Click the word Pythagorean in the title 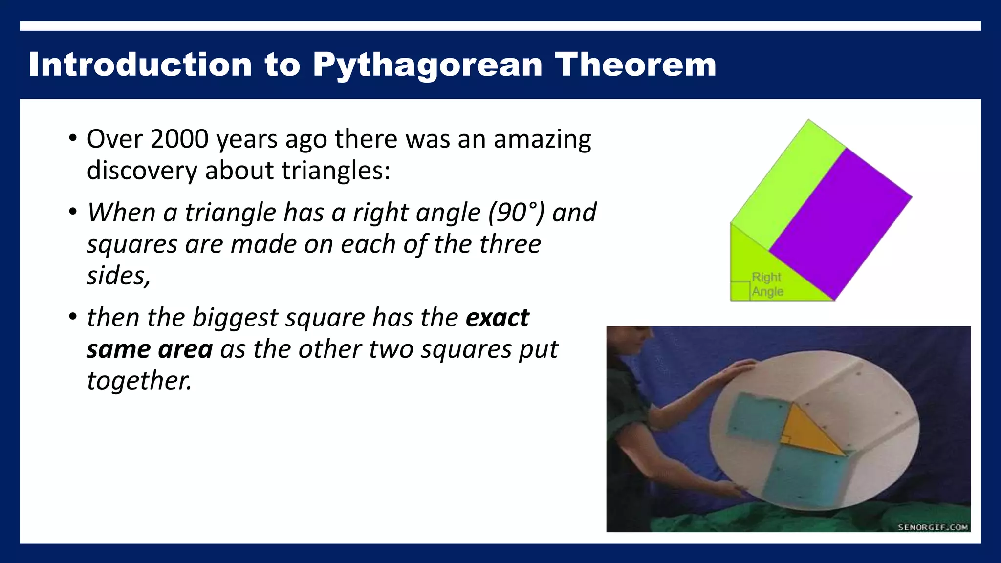pos(427,65)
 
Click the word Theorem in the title pos(635,65)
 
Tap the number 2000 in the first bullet pos(180,139)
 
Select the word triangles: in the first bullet pos(336,171)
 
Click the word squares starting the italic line pos(132,244)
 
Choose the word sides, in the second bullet pos(119,276)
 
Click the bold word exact pos(497,318)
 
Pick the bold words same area pos(150,349)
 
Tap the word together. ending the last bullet pos(139,381)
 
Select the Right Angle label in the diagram pos(767,284)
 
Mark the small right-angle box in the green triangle pos(740,291)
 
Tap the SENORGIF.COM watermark pos(933,527)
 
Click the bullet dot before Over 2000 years pos(73,138)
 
